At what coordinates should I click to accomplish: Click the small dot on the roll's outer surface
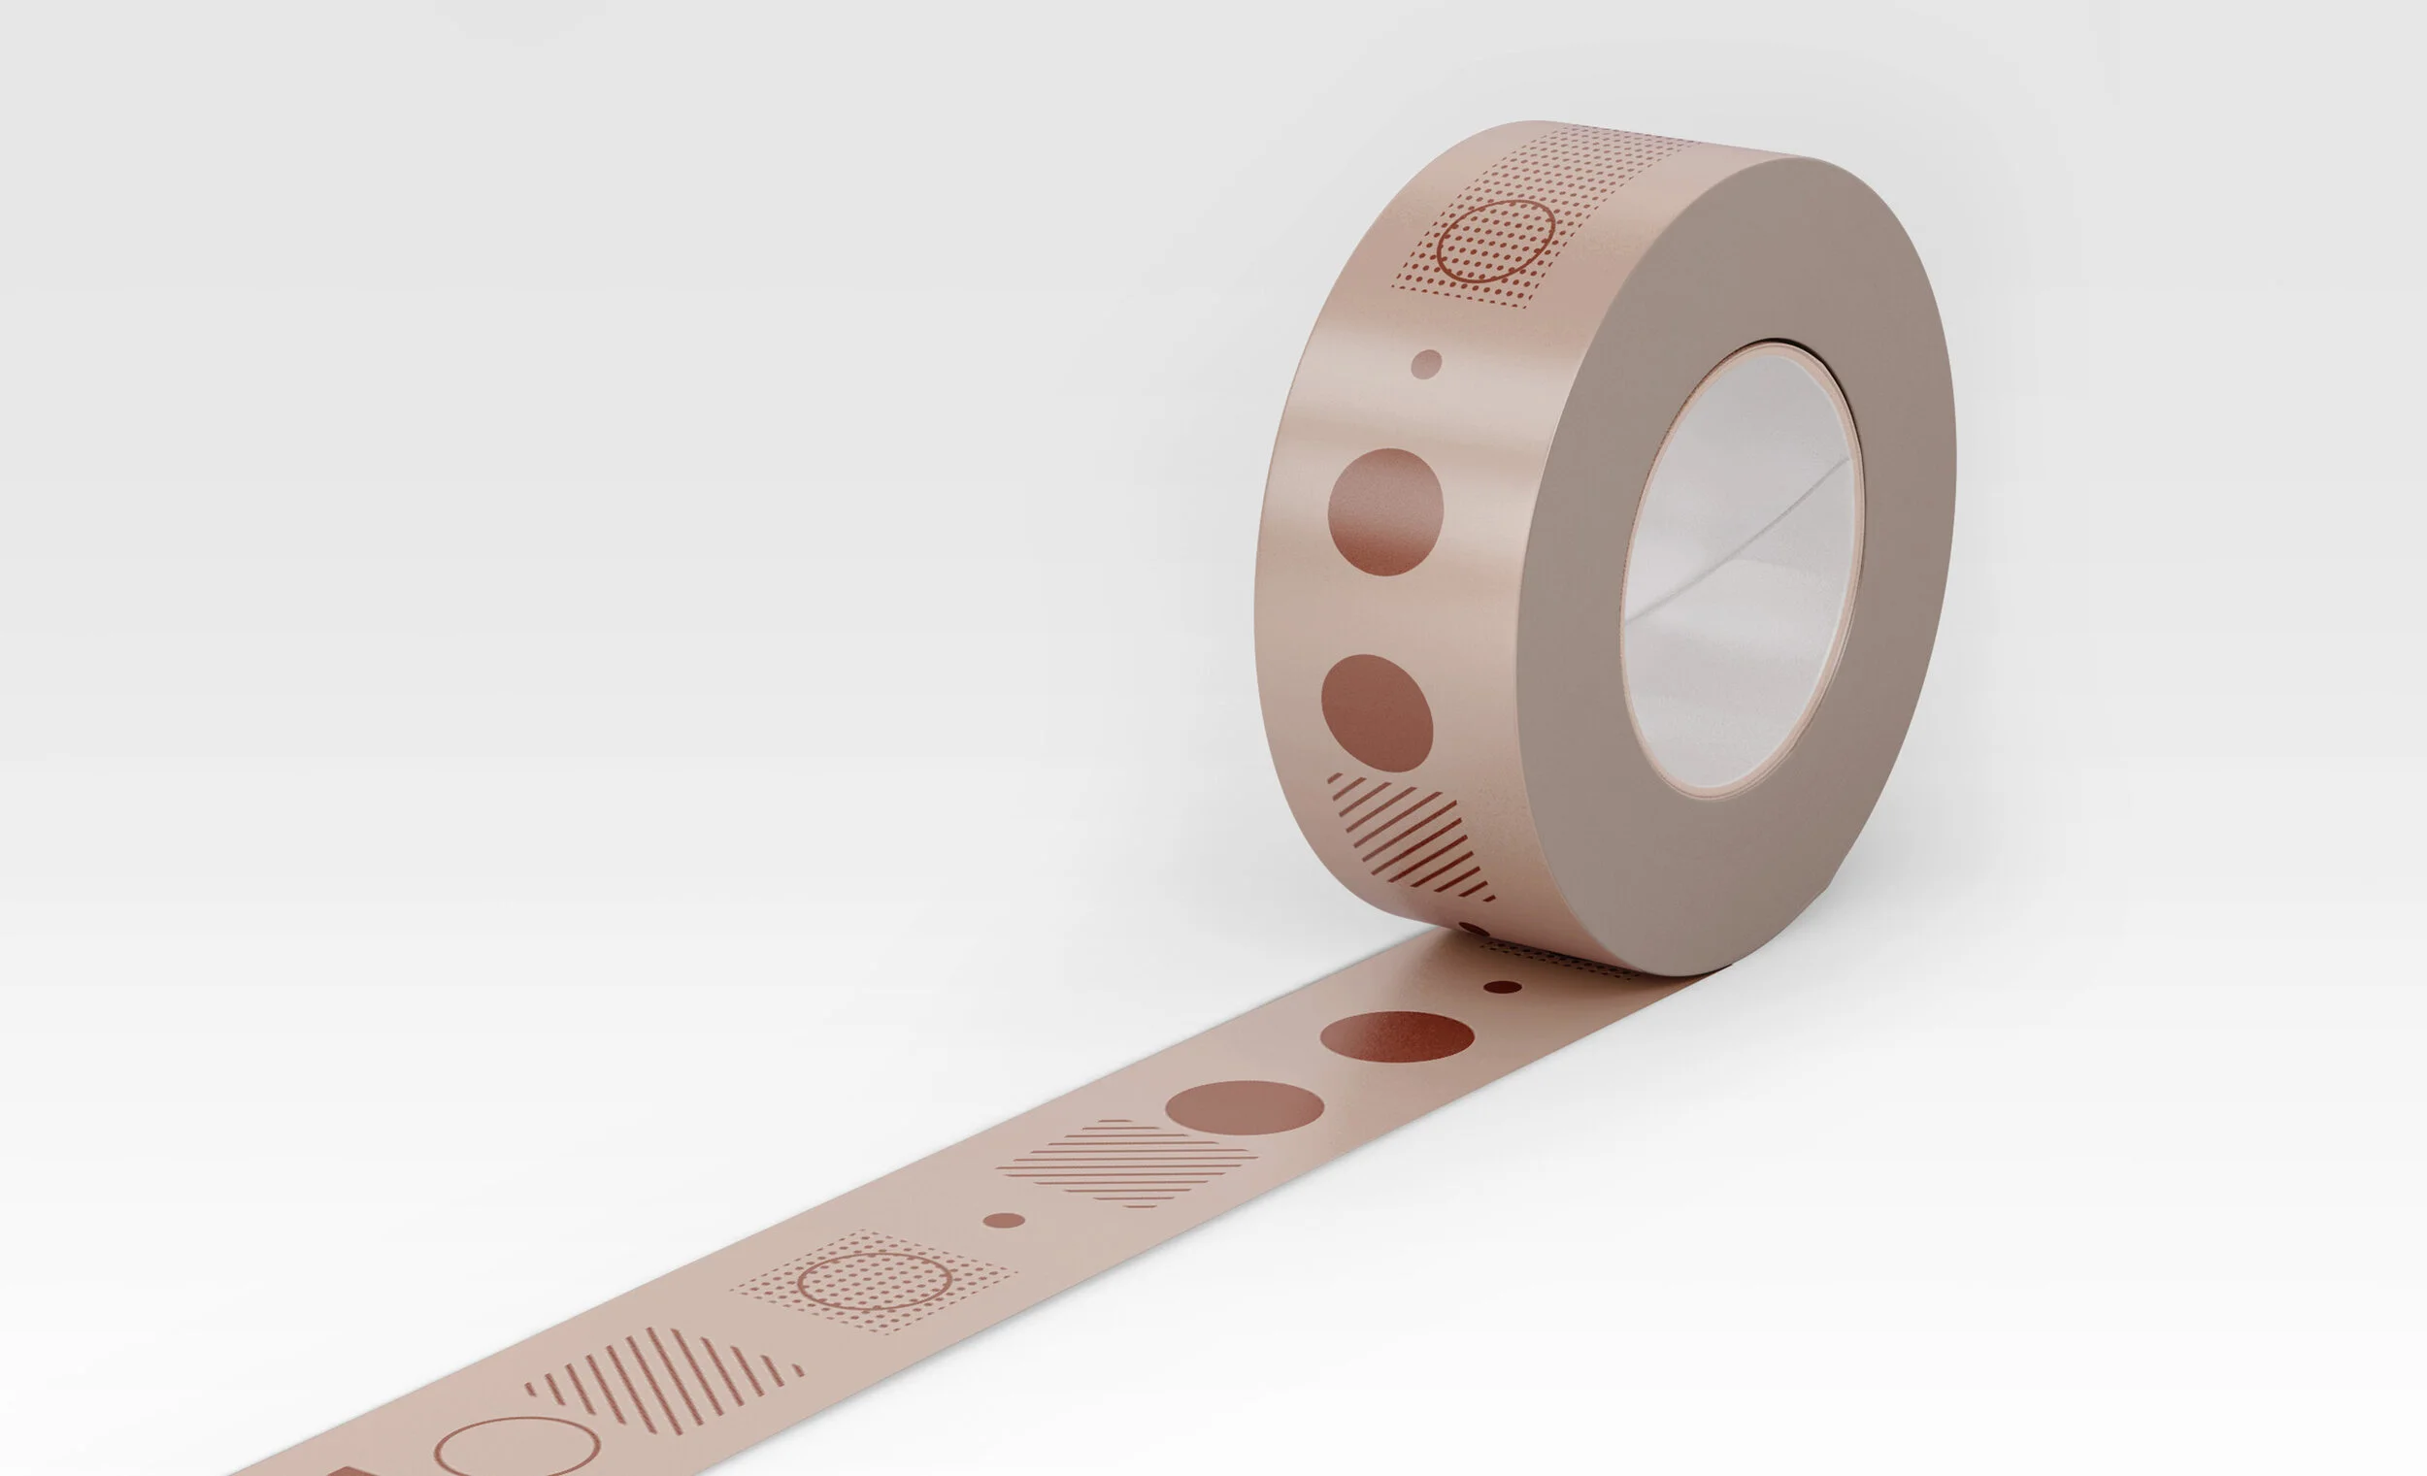[x=1426, y=363]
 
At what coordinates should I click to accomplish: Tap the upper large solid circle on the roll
[x=1385, y=512]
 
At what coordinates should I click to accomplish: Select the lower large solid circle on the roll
[x=1376, y=713]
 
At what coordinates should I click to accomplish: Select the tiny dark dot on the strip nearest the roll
[x=1502, y=987]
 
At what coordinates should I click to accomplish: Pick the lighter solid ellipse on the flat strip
[x=1244, y=1106]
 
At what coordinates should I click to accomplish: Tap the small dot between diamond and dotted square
[x=1004, y=1221]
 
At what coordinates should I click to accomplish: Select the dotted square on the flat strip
[x=875, y=1281]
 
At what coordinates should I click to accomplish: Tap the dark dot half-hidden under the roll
[x=1475, y=929]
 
